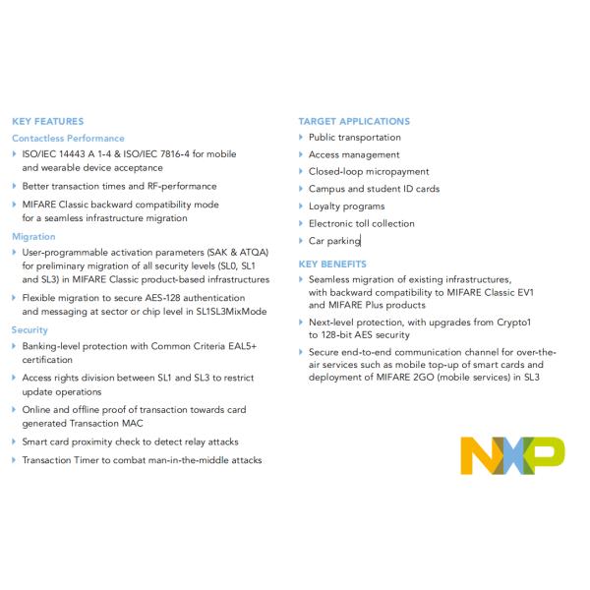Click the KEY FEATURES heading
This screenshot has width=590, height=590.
pyautogui.click(x=47, y=121)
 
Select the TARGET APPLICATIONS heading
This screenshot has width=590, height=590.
pyautogui.click(x=354, y=121)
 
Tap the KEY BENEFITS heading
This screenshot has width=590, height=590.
pyautogui.click(x=332, y=264)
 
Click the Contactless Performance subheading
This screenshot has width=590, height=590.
pyautogui.click(x=68, y=138)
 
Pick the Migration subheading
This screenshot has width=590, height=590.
pyautogui.click(x=33, y=236)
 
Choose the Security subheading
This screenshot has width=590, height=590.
pyautogui.click(x=29, y=329)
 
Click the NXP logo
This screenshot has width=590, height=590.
pyautogui.click(x=512, y=452)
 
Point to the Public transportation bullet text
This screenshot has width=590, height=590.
pyautogui.click(x=355, y=138)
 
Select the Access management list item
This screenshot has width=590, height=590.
pyautogui.click(x=354, y=154)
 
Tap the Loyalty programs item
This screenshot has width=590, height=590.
pyautogui.click(x=346, y=206)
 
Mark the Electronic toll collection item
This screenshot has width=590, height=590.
pyautogui.click(x=362, y=223)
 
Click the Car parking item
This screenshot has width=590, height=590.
pyautogui.click(x=334, y=240)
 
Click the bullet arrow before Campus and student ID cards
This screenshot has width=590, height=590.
pyautogui.click(x=301, y=189)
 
